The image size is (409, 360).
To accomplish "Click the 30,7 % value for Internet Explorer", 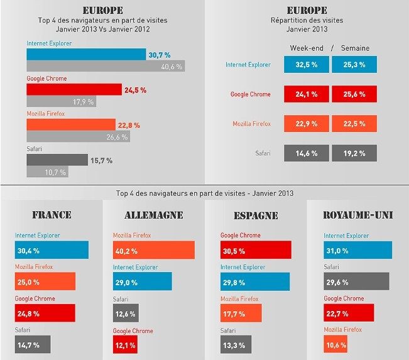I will [159, 55].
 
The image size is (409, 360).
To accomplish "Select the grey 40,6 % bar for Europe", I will [105, 66].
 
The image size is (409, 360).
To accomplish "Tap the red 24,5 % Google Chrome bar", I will [74, 89].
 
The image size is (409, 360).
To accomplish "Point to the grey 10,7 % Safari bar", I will [47, 172].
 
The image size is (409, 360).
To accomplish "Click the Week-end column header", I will [306, 48].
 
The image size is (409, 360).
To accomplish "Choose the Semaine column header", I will [356, 48].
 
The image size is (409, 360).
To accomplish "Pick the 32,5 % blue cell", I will [306, 64].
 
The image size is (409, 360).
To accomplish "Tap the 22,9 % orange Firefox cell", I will [306, 124].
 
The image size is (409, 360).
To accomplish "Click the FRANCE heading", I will [52, 215].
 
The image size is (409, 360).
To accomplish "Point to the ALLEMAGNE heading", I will [153, 215].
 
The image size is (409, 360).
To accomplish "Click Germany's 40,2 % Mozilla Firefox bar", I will [153, 250].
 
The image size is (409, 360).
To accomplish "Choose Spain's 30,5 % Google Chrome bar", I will [256, 250].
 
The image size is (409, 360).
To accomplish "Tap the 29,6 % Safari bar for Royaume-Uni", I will [356, 281].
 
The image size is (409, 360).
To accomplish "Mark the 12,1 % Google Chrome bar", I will [126, 344].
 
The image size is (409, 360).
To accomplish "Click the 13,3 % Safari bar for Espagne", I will [236, 344].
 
